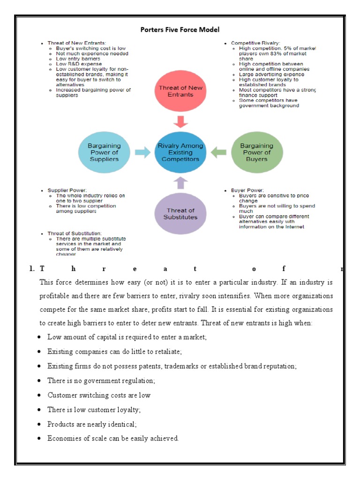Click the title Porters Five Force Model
180,30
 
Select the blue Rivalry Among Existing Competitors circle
180,152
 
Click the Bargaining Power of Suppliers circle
104,152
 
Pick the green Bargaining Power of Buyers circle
257,152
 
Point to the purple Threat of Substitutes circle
180,214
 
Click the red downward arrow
180,121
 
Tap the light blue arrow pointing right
142,152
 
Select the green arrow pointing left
218,152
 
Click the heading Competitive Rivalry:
253,43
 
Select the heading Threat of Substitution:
75,233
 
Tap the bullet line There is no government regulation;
101,381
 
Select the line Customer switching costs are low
99,395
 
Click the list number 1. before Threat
32,269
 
